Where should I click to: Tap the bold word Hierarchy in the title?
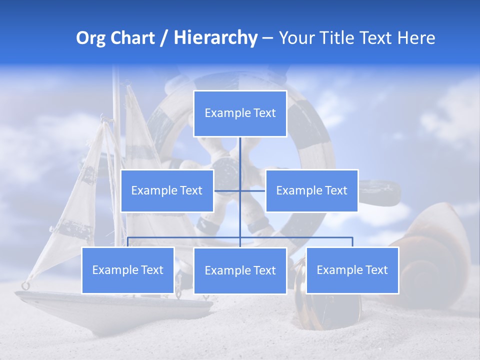(x=215, y=38)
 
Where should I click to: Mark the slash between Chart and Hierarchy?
(x=164, y=38)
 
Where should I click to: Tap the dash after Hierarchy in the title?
(x=267, y=39)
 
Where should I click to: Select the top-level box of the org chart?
(x=240, y=113)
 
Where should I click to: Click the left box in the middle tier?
(x=167, y=190)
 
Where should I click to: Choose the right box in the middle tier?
(x=311, y=190)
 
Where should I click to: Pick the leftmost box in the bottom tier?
(x=127, y=270)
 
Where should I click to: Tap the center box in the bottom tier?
(x=240, y=270)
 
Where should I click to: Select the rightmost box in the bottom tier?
(x=352, y=270)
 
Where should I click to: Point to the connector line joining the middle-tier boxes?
(x=252, y=190)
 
